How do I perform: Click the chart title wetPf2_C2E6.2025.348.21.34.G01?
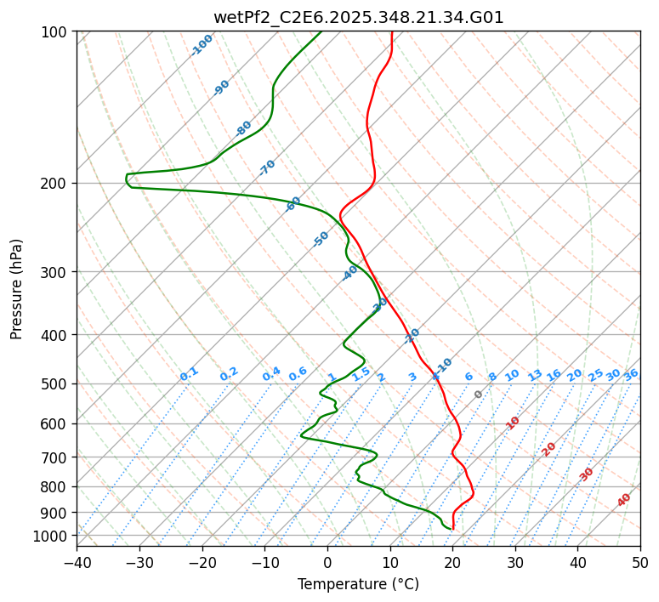point(358,17)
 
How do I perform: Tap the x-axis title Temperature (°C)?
point(358,584)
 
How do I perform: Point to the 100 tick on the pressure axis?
point(57,31)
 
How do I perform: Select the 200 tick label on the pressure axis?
point(57,183)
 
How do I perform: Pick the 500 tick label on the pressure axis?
point(57,383)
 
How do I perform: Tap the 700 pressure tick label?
point(57,457)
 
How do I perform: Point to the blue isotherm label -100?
point(202,44)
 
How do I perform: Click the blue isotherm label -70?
point(267,168)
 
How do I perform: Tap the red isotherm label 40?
point(624,500)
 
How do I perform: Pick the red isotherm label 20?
point(549,448)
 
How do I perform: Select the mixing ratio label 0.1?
point(189,374)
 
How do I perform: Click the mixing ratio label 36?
point(631,374)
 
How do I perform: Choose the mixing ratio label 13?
point(535,375)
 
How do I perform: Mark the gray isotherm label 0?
point(479,395)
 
